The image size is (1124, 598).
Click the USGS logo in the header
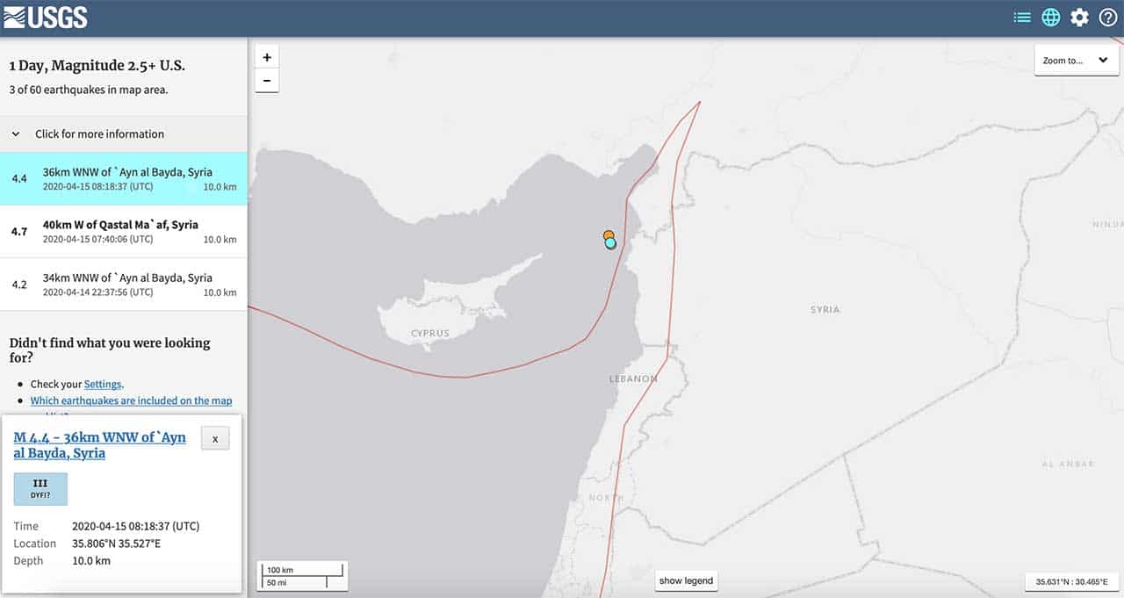coord(46,17)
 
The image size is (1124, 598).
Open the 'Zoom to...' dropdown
coord(1076,61)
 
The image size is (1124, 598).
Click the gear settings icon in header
coord(1079,18)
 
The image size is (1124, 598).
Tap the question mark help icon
coord(1108,18)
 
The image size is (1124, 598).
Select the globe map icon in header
coord(1050,18)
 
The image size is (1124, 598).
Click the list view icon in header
coord(1022,18)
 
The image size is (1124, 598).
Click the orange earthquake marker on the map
coord(608,235)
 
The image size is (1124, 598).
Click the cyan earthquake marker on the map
coord(611,243)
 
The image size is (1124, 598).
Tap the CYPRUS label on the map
coord(430,334)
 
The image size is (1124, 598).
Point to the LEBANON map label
coord(633,379)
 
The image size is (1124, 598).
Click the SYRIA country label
coord(825,310)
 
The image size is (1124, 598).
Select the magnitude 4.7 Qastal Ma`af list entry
coord(123,231)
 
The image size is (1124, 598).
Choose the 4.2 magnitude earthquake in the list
coord(123,284)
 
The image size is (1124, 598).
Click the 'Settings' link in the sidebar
coord(103,384)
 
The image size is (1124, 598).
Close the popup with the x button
coord(215,438)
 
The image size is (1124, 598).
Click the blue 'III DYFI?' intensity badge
coord(40,488)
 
